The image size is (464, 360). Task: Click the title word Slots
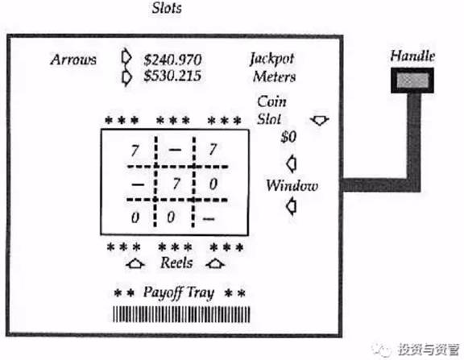click(167, 8)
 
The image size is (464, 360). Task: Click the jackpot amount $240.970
click(172, 60)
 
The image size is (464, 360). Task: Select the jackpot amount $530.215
click(172, 76)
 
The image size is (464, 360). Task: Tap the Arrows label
click(73, 60)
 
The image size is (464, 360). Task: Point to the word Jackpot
click(272, 59)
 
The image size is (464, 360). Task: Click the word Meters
click(275, 77)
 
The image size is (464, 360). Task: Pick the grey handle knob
click(412, 81)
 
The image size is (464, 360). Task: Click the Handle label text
click(412, 56)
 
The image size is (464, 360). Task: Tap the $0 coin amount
click(288, 137)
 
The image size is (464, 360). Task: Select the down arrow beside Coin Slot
click(319, 120)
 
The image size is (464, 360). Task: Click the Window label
click(292, 185)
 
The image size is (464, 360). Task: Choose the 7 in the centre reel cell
click(176, 184)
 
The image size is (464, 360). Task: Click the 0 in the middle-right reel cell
click(213, 184)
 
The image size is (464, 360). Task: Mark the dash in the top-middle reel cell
click(175, 150)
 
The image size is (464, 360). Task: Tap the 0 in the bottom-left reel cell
click(135, 217)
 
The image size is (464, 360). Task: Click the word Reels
click(176, 263)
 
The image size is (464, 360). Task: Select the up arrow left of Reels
click(135, 263)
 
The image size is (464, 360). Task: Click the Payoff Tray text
click(179, 292)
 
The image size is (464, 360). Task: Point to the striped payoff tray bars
click(181, 314)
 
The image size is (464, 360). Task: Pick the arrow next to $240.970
click(126, 57)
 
